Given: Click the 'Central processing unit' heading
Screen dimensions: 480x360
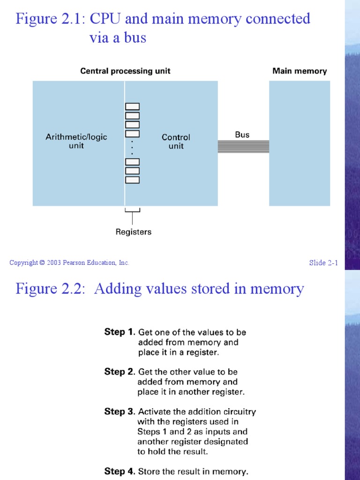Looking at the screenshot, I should pos(125,71).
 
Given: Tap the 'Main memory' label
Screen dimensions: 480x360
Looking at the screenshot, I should pos(300,71).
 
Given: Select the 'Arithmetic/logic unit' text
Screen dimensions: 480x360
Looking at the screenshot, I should pos(76,141).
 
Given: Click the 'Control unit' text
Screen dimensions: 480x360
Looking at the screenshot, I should pos(176,142).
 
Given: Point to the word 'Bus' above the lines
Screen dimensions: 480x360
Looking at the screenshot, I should pos(242,135).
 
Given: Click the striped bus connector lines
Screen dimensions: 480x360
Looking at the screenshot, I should pos(243,147).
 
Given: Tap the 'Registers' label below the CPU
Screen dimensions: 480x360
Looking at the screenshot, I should pos(134,232).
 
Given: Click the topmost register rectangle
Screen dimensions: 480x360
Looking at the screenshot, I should pos(132,107).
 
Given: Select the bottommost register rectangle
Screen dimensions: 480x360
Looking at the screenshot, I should pos(132,180).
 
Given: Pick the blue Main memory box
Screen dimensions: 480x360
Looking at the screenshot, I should pos(300,143).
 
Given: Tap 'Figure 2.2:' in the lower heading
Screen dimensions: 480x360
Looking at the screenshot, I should pos(50,288).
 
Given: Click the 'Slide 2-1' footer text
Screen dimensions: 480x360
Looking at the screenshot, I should pos(323,262).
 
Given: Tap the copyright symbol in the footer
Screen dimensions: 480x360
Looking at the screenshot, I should pos(42,263).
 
